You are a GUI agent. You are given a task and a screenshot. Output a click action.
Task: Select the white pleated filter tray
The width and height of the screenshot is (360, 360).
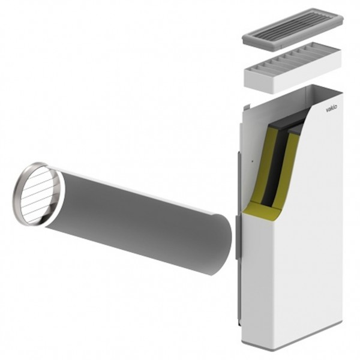tap(293, 68)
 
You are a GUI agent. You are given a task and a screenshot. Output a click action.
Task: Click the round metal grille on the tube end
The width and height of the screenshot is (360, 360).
tap(38, 194)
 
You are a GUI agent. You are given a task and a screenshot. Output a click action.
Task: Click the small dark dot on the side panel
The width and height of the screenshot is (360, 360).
tap(253, 161)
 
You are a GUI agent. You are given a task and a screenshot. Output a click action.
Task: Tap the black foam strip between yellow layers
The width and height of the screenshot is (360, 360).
tap(277, 167)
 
